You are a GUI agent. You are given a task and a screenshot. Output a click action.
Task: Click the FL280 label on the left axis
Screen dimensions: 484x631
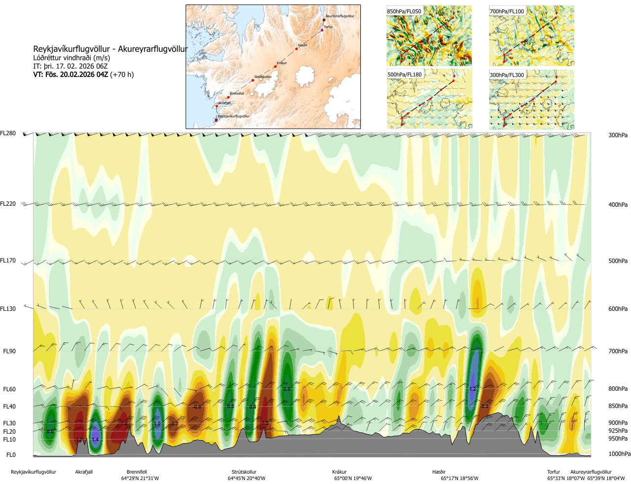pos(8,133)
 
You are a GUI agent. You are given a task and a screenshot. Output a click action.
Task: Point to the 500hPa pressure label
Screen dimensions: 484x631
pos(618,261)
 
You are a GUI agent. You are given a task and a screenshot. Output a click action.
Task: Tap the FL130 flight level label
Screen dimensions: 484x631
pos(8,309)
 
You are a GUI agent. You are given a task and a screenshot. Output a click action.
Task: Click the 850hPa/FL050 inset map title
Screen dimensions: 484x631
pos(404,11)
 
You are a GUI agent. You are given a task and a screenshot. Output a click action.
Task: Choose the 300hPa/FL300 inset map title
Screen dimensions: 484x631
pos(507,75)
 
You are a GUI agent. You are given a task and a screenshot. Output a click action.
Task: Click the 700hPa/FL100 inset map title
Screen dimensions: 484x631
pos(507,11)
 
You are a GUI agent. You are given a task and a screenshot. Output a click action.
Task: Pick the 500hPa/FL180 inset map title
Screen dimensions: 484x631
pos(405,75)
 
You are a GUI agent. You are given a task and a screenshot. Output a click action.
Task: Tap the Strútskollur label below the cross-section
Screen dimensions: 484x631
pos(244,472)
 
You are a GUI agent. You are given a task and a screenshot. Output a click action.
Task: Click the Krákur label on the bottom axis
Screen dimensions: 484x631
pos(339,472)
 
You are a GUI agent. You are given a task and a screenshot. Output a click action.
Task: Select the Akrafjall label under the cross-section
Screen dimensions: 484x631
pos(84,472)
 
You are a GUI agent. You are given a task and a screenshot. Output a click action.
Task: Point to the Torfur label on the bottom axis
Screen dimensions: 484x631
pos(554,472)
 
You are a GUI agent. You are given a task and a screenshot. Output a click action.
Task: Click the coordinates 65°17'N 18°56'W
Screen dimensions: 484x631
pos(459,478)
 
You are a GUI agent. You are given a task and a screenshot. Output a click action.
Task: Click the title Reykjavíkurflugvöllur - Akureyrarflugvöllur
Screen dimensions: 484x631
pos(110,49)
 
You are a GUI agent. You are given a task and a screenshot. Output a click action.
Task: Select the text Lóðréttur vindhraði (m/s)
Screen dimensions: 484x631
pos(71,58)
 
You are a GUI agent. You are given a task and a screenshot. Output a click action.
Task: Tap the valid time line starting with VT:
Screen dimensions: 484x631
pos(83,74)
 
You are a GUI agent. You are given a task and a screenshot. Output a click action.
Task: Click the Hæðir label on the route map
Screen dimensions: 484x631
pos(303,45)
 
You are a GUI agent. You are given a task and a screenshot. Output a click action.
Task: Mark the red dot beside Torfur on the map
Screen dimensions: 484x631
pos(322,30)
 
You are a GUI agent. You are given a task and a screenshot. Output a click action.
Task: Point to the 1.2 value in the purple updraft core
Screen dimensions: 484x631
pos(473,389)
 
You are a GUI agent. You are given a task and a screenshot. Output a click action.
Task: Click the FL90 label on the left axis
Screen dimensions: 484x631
pos(9,351)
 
